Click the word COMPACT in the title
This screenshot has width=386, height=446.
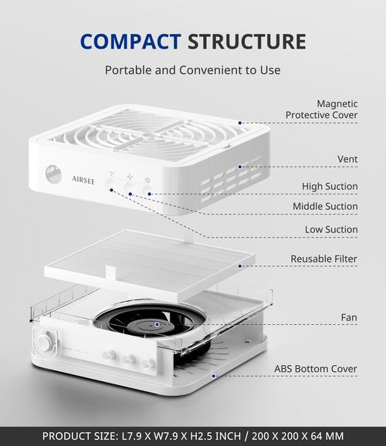[130, 42]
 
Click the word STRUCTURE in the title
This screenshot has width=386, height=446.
[247, 42]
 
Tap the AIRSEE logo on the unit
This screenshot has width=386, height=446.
[83, 180]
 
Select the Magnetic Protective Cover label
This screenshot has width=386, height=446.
[321, 110]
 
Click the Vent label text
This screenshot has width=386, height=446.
[347, 159]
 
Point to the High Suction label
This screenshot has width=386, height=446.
[330, 187]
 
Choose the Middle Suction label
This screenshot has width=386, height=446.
[325, 206]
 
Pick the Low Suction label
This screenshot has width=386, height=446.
[331, 229]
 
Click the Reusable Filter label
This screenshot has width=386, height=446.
[323, 258]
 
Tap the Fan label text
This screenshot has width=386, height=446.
[349, 317]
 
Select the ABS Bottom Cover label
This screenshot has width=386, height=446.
[316, 369]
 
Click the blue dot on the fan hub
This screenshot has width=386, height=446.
[157, 324]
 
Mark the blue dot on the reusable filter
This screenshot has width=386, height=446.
[240, 266]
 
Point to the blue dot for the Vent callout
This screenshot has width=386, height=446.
[240, 167]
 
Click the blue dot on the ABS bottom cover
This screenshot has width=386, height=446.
[214, 376]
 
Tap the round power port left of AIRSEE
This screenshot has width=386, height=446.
[53, 174]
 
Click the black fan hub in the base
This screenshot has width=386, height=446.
[151, 326]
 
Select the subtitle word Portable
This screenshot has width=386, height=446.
[129, 70]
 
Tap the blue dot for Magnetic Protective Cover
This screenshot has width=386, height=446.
[240, 123]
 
